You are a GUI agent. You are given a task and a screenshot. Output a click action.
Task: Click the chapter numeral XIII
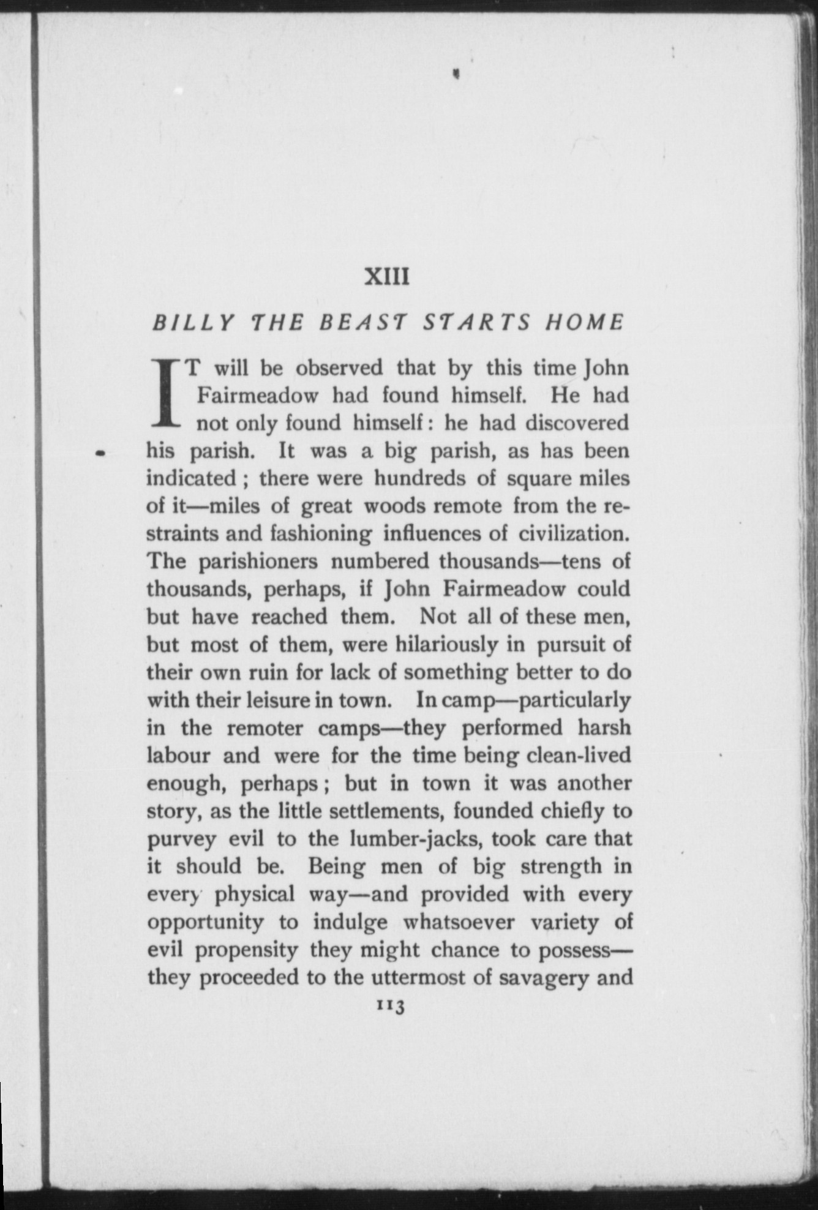coord(386,277)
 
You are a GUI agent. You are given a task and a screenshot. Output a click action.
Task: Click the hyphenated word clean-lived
coord(579,755)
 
